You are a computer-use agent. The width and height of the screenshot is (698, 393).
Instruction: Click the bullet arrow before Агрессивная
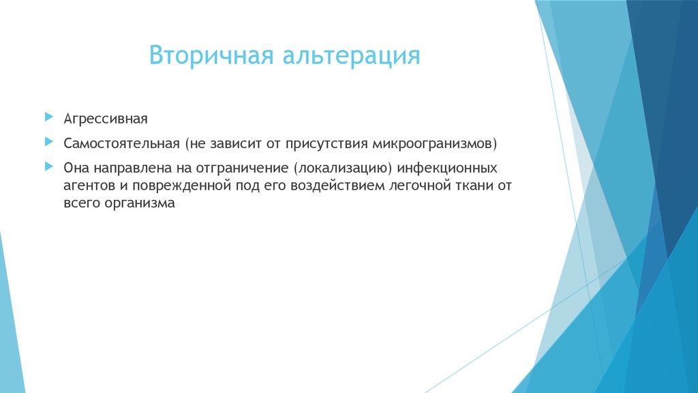[48, 117]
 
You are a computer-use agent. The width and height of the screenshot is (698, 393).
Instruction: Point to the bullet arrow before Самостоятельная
[48, 143]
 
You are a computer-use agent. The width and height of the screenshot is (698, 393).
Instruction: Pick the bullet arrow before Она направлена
[48, 166]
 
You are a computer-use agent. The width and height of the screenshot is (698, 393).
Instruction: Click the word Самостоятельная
[121, 144]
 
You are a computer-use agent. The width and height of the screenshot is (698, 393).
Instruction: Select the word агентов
[87, 186]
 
